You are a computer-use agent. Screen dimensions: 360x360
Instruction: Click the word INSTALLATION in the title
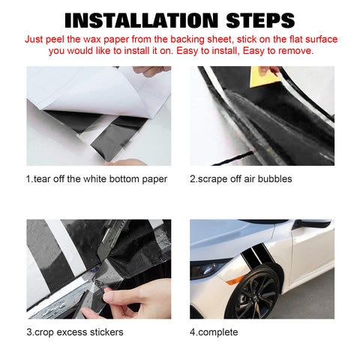142,20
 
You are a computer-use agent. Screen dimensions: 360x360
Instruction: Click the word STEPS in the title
260,20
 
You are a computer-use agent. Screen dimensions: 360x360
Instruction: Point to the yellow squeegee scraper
264,76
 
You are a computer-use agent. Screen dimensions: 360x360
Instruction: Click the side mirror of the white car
313,223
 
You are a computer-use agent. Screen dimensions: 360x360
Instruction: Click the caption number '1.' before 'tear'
29,179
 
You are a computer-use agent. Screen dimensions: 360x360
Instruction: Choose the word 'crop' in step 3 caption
44,332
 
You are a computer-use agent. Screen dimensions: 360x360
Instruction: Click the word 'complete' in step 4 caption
218,332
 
